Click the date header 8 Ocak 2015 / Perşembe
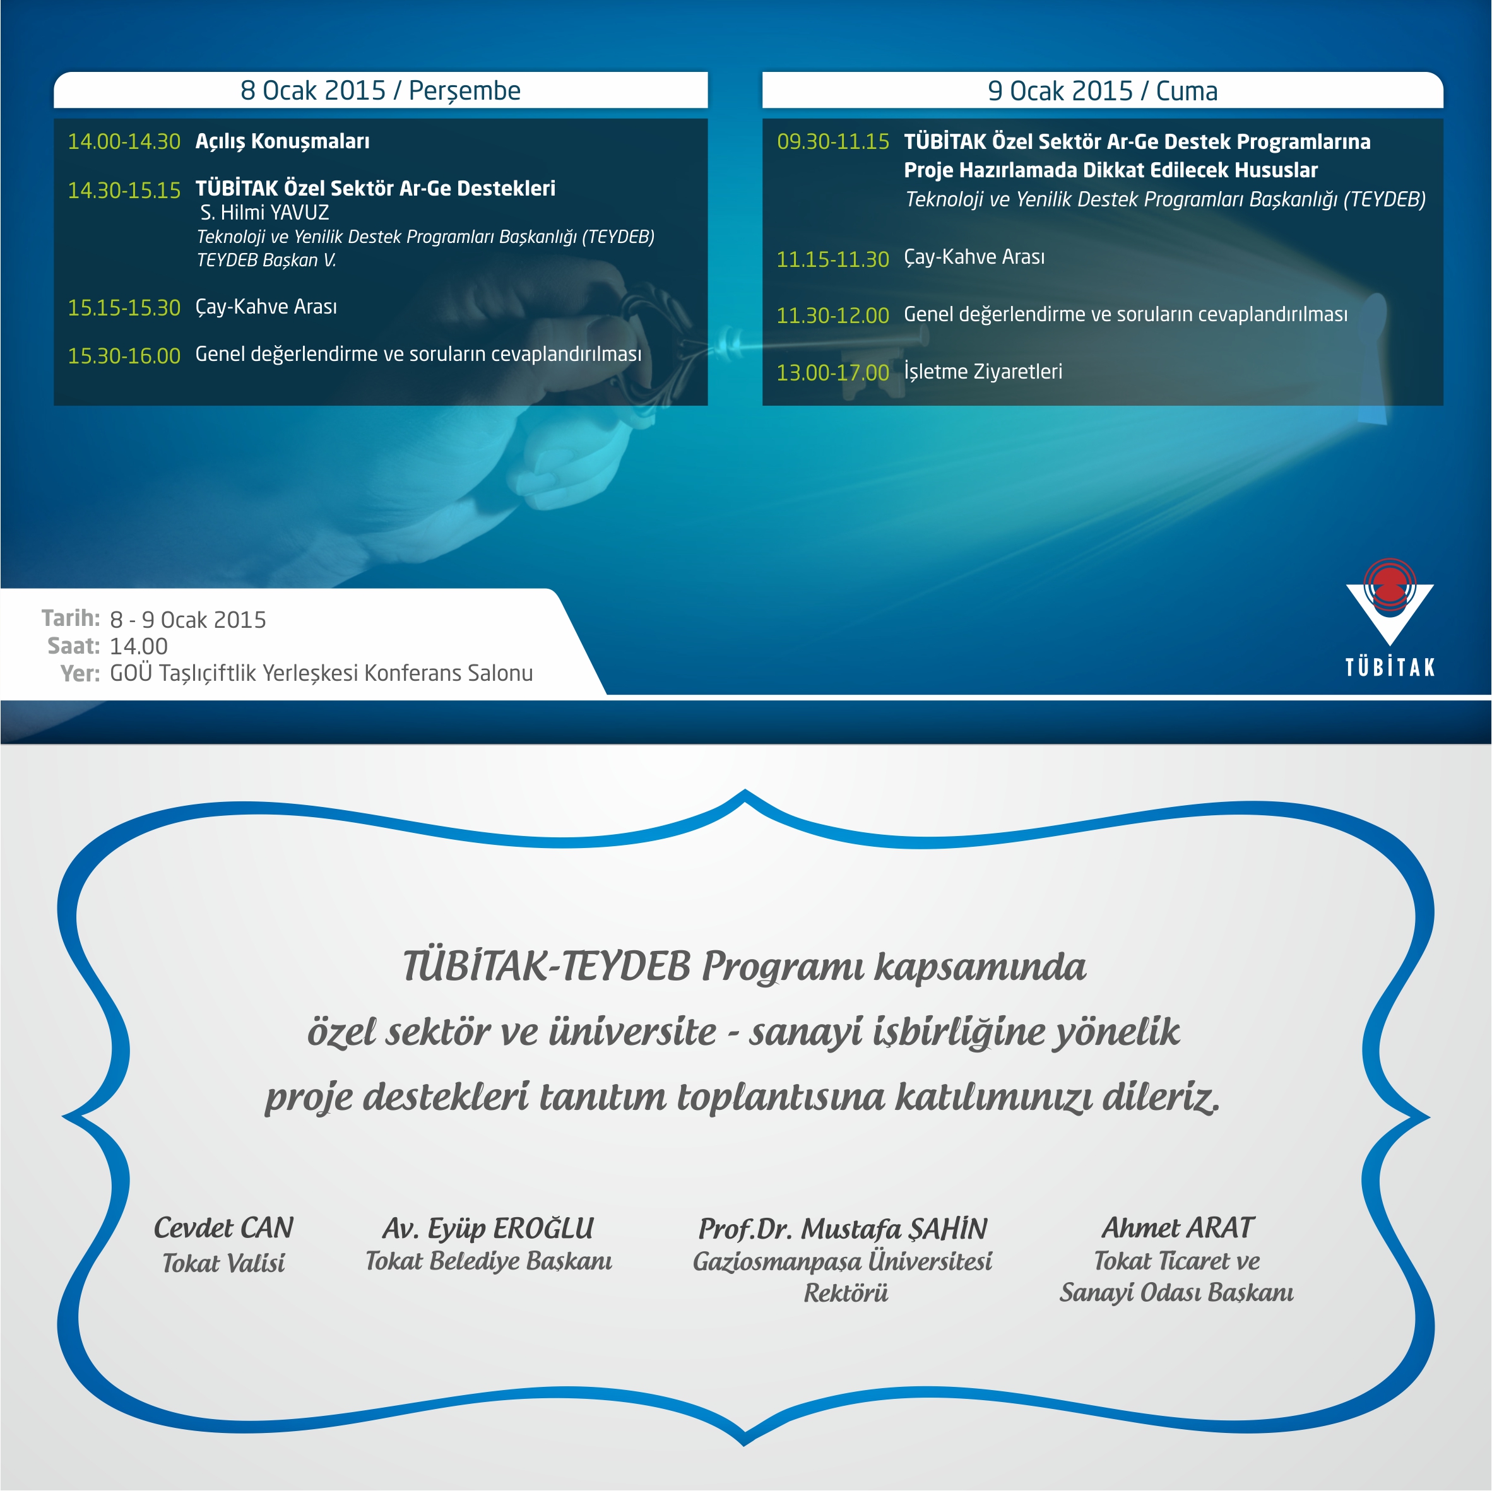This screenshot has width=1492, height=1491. [380, 91]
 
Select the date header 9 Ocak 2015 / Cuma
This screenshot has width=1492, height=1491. [1102, 91]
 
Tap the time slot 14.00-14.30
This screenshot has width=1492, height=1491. [124, 141]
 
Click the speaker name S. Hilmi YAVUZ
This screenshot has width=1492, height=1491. [264, 213]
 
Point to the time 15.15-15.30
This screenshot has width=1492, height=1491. [124, 307]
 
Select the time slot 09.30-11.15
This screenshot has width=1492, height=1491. [832, 141]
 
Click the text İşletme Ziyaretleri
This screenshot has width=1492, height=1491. [983, 372]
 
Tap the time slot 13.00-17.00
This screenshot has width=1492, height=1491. [832, 373]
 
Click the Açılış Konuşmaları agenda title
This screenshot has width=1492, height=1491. [282, 141]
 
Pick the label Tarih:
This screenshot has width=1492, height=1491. [70, 618]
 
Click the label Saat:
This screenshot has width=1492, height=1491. [73, 645]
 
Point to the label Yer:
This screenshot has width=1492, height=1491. [80, 673]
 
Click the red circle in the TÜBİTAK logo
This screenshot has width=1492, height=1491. [1389, 584]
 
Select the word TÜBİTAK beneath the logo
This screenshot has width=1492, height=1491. [1389, 667]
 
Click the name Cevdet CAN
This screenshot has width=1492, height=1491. [223, 1228]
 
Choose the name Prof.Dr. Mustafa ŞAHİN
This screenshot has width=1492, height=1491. [843, 1229]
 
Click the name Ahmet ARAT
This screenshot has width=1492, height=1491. [1177, 1228]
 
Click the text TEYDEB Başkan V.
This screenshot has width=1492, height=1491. [266, 260]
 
